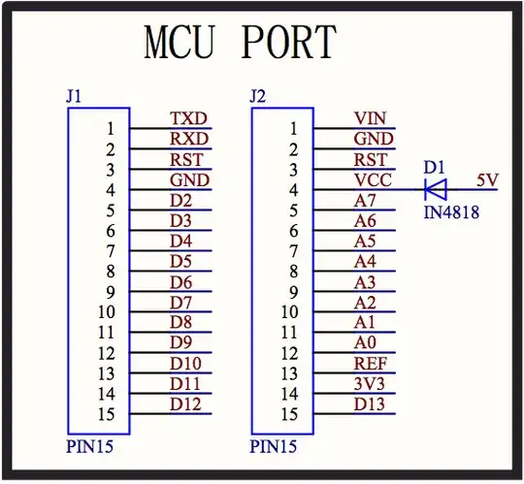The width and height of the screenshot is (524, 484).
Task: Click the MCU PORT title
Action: [x=240, y=42]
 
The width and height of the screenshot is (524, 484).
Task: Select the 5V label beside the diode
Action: [x=488, y=179]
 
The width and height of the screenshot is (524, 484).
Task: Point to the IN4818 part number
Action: [x=451, y=211]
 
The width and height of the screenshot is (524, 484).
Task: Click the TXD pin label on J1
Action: [x=189, y=118]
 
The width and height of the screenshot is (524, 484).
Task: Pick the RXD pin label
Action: [x=189, y=139]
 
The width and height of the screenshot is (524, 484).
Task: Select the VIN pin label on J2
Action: [x=370, y=118]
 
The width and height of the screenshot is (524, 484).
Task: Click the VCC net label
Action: [x=372, y=179]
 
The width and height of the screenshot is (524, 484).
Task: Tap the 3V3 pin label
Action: [x=371, y=383]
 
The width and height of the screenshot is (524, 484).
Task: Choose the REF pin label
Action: [x=371, y=363]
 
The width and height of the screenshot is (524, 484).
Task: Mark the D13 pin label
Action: [x=371, y=403]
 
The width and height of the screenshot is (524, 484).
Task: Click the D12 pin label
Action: [x=185, y=403]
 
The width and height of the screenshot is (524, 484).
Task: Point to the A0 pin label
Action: [x=365, y=342]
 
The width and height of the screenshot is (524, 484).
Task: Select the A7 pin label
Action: [x=365, y=200]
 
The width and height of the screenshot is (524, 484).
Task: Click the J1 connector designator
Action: [x=74, y=96]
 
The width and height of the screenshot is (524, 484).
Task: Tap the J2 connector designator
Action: [x=257, y=96]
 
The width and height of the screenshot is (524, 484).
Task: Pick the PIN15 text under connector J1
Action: [x=89, y=447]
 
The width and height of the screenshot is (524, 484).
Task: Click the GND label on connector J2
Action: [x=373, y=139]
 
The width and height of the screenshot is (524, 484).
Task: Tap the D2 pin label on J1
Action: [x=180, y=200]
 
